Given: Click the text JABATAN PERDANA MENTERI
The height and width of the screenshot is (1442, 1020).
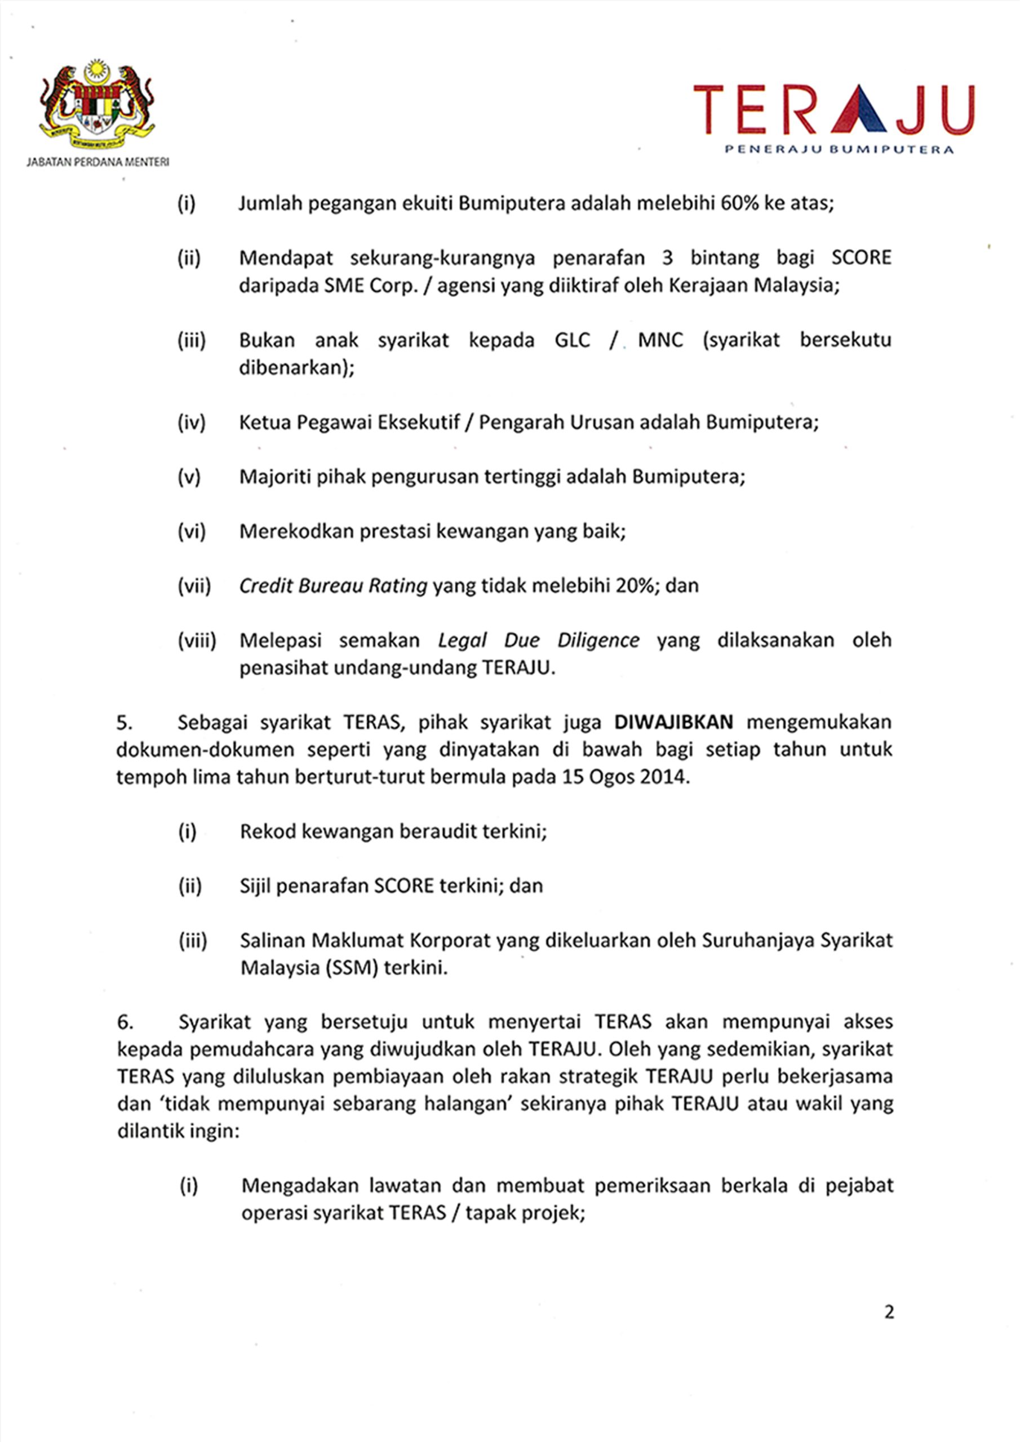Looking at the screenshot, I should (x=97, y=162).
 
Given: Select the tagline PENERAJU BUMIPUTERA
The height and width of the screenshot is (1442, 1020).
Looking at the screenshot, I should (x=839, y=149).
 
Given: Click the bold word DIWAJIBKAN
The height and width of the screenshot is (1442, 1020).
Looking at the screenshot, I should (x=674, y=722).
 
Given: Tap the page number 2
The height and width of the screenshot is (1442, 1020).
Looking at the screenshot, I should (x=889, y=1312).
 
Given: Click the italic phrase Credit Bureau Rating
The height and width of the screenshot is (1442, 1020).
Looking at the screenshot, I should (x=333, y=585).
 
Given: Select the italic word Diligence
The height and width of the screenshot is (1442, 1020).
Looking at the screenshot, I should (x=598, y=640).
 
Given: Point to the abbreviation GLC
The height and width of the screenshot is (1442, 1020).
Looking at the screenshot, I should (x=573, y=340).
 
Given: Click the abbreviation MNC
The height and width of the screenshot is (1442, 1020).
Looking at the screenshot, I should (x=660, y=340).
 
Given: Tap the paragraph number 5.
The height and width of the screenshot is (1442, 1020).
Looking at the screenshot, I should (x=125, y=723).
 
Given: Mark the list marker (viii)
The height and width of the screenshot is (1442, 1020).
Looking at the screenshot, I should (x=196, y=640).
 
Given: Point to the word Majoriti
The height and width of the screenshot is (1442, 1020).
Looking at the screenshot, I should (x=274, y=477).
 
